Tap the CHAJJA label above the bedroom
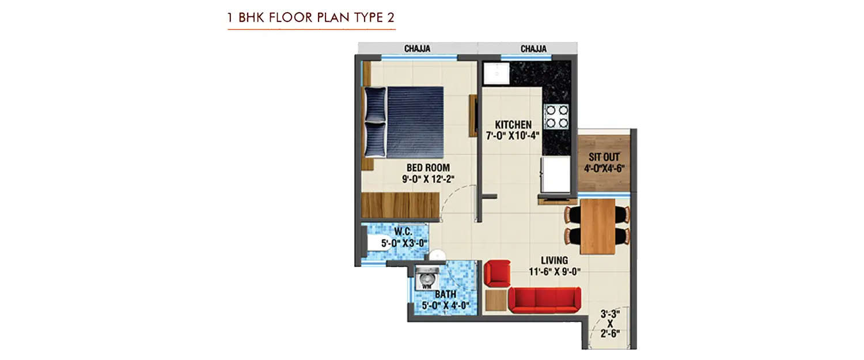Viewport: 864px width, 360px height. (x=417, y=49)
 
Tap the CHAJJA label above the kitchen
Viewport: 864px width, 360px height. (x=533, y=49)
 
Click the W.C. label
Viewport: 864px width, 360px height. (x=402, y=233)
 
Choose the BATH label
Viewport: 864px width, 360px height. (x=446, y=294)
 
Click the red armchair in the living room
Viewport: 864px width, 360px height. (x=497, y=272)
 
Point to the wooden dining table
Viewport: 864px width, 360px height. (x=598, y=226)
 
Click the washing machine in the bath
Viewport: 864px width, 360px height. (x=427, y=279)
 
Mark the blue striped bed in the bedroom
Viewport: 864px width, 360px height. (x=414, y=122)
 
